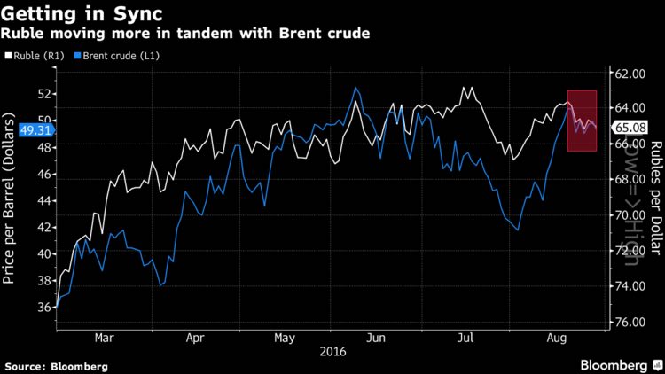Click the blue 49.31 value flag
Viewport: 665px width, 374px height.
(27, 129)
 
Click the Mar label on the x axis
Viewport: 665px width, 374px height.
(104, 338)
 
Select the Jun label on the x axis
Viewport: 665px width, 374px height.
(377, 338)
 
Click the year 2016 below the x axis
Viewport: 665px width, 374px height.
(332, 352)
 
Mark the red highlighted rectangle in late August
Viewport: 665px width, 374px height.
(582, 121)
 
